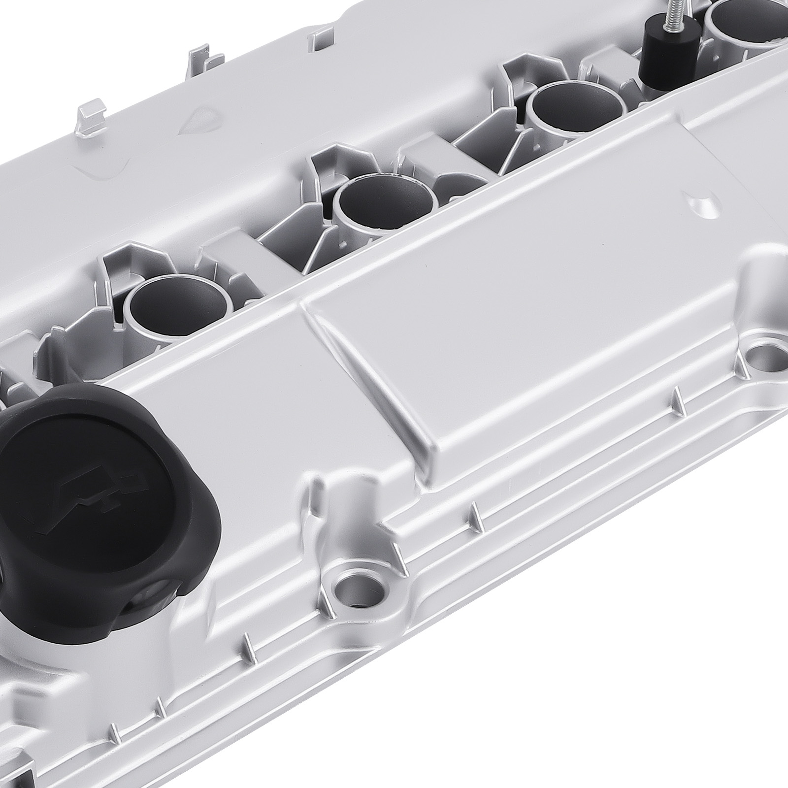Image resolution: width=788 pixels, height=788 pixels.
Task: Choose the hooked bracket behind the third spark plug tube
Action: pyautogui.click(x=517, y=74)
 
